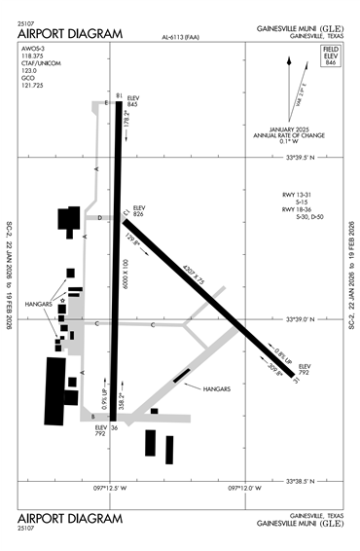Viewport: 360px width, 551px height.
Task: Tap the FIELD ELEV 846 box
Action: [330, 55]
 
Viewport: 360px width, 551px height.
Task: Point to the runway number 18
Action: [119, 95]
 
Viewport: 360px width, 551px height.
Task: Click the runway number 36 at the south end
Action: [114, 425]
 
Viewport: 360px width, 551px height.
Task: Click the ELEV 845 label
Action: [133, 99]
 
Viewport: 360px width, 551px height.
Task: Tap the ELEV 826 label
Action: [138, 209]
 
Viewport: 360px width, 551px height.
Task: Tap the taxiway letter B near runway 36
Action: [93, 416]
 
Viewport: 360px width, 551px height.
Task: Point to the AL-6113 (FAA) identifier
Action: [182, 39]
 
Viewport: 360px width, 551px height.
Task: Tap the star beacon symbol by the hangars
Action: [63, 303]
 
